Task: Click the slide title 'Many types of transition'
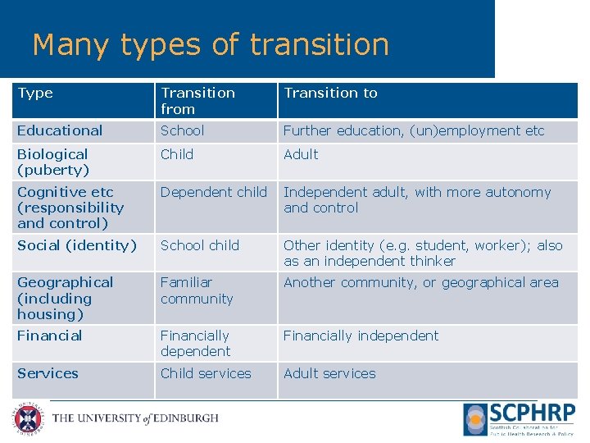pyautogui.click(x=211, y=44)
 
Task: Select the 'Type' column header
pyautogui.click(x=35, y=94)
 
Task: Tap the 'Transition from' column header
pyautogui.click(x=197, y=101)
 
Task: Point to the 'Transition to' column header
pyautogui.click(x=330, y=94)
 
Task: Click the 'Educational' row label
pyautogui.click(x=60, y=131)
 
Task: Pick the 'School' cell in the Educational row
pyautogui.click(x=182, y=131)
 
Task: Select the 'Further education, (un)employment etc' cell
pyautogui.click(x=413, y=131)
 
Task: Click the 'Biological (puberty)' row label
pyautogui.click(x=53, y=162)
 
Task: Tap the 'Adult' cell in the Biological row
pyautogui.click(x=301, y=154)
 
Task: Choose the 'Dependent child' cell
pyautogui.click(x=213, y=193)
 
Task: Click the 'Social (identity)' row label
pyautogui.click(x=77, y=245)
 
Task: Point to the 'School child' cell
pyautogui.click(x=200, y=245)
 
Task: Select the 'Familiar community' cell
pyautogui.click(x=197, y=290)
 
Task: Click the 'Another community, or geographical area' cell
pyautogui.click(x=420, y=283)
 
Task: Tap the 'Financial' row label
pyautogui.click(x=50, y=336)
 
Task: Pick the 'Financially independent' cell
pyautogui.click(x=361, y=336)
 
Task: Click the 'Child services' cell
pyautogui.click(x=206, y=373)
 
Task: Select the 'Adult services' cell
pyautogui.click(x=329, y=373)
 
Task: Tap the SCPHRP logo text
pyautogui.click(x=532, y=413)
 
